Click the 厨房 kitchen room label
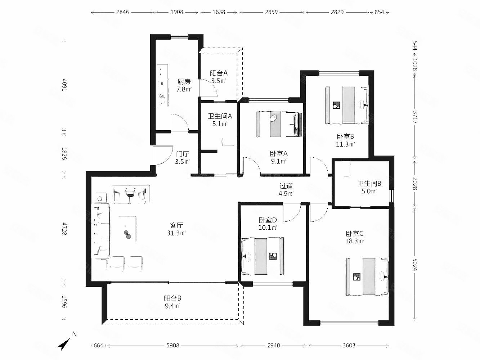click(184, 81)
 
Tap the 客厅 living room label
click(176, 225)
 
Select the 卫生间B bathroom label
click(369, 183)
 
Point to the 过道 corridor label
click(286, 186)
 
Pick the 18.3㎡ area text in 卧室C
click(354, 241)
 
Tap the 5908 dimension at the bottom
click(173, 346)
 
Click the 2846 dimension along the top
click(122, 12)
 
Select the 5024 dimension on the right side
click(415, 265)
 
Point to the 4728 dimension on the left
click(64, 229)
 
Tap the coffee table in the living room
click(127, 229)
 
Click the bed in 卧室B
click(347, 105)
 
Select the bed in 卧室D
click(263, 256)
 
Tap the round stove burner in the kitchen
click(162, 96)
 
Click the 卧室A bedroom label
click(279, 154)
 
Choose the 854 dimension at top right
click(379, 12)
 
